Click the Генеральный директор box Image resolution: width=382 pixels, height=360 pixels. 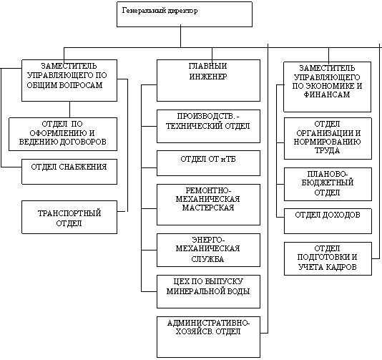pyautogui.click(x=185, y=14)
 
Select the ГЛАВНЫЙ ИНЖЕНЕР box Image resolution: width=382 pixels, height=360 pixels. pyautogui.click(x=208, y=80)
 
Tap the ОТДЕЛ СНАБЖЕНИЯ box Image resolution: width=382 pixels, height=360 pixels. pyautogui.click(x=69, y=172)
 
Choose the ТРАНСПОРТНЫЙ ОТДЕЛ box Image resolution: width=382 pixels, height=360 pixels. pyautogui.click(x=69, y=217)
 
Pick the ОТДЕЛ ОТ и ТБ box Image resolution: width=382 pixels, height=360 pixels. pyautogui.click(x=208, y=163)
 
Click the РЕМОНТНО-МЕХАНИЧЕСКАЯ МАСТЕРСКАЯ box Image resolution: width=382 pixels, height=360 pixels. pyautogui.click(x=208, y=205)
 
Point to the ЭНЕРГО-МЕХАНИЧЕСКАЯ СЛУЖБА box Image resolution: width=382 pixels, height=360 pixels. pyautogui.click(x=208, y=250)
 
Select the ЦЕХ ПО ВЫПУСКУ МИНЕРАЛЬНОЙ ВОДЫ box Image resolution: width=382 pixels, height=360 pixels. pyautogui.click(x=208, y=291)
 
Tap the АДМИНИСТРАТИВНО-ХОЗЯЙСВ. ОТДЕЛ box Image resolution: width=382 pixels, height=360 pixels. pyautogui.click(x=208, y=337)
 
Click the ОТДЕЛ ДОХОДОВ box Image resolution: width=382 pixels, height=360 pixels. pyautogui.click(x=328, y=221)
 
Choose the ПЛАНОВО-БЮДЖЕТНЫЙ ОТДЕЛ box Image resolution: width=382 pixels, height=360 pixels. pyautogui.click(x=328, y=184)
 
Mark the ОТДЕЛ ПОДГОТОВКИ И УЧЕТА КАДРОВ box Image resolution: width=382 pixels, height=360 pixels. pyautogui.click(x=328, y=258)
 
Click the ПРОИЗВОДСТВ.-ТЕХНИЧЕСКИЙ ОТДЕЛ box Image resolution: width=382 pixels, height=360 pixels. pyautogui.click(x=208, y=126)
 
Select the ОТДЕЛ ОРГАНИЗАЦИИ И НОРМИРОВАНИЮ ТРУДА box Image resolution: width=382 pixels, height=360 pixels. pyautogui.click(x=328, y=138)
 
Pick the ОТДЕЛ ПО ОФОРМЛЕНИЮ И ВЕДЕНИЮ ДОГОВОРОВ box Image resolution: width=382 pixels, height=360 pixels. pyautogui.click(x=63, y=134)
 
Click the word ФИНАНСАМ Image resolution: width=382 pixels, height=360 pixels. pyautogui.click(x=327, y=94)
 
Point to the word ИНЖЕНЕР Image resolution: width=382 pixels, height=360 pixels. pyautogui.click(x=208, y=77)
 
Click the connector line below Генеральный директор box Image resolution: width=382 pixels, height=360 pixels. pyautogui.click(x=180, y=37)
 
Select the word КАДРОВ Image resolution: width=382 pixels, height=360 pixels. pyautogui.click(x=341, y=267)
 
